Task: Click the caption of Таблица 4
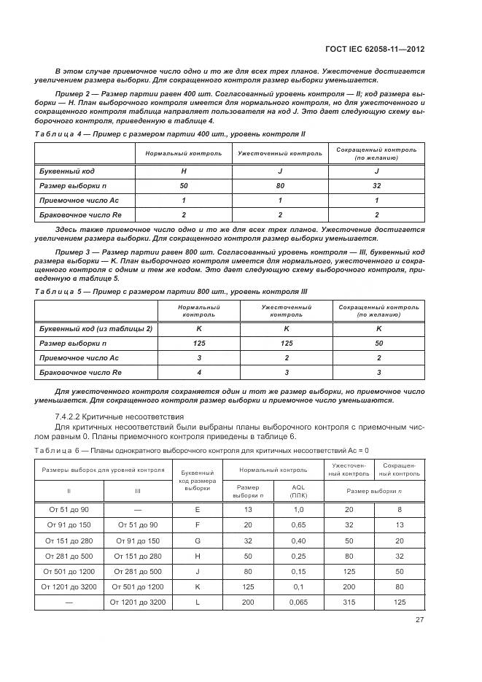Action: tap(169, 135)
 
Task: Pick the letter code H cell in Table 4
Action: tap(184, 171)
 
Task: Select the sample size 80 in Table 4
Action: tap(280, 185)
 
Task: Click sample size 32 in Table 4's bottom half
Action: tap(376, 185)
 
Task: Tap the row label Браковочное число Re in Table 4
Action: tap(73, 215)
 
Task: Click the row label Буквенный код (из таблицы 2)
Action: tap(96, 329)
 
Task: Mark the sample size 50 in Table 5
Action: tap(378, 344)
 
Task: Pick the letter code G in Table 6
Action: tap(196, 541)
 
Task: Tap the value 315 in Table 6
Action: tap(349, 602)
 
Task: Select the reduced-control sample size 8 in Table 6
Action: tap(398, 510)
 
